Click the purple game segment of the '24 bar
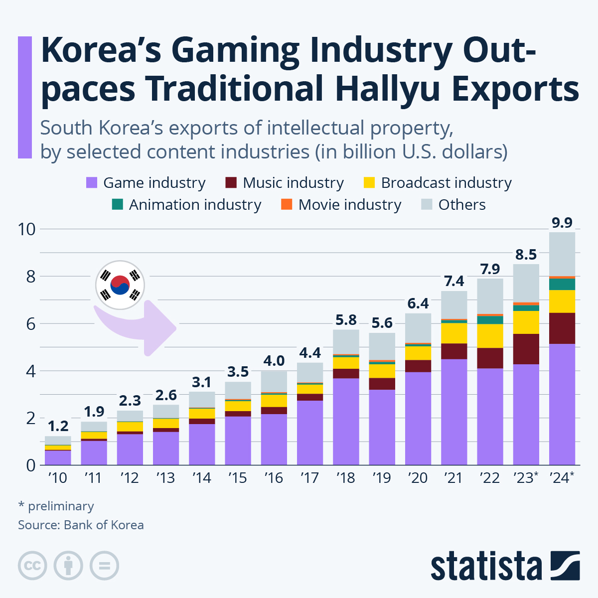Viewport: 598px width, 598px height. pyautogui.click(x=562, y=404)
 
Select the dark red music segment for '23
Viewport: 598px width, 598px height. pyautogui.click(x=526, y=349)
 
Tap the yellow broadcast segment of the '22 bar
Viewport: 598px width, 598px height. pyautogui.click(x=490, y=336)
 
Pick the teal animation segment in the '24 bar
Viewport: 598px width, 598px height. pyautogui.click(x=562, y=284)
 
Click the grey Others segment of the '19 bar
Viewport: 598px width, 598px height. pyautogui.click(x=382, y=346)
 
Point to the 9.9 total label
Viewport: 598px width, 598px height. pyautogui.click(x=562, y=223)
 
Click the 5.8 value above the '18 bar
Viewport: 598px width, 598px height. pyautogui.click(x=346, y=320)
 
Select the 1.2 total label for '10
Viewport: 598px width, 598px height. pyautogui.click(x=58, y=427)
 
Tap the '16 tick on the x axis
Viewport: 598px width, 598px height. pyautogui.click(x=274, y=478)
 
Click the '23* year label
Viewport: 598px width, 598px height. pyautogui.click(x=526, y=478)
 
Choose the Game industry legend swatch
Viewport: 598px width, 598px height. pyautogui.click(x=92, y=183)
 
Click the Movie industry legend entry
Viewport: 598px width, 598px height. pyautogui.click(x=349, y=205)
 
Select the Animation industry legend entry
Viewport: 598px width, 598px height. pyautogui.click(x=195, y=205)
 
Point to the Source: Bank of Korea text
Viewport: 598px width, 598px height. pyautogui.click(x=81, y=525)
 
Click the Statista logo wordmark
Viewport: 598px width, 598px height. pyautogui.click(x=486, y=566)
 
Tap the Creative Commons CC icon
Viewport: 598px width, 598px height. pyautogui.click(x=32, y=566)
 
